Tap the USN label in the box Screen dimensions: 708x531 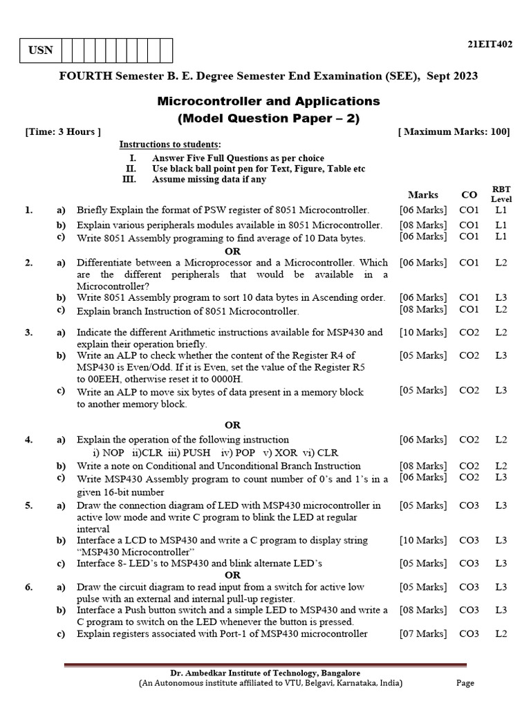coord(41,51)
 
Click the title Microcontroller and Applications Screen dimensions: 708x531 coord(269,101)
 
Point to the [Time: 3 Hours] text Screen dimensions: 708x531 coord(63,131)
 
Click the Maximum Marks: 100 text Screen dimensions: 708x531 coord(454,131)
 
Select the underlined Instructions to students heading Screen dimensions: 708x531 coord(170,145)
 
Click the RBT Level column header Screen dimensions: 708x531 coord(501,194)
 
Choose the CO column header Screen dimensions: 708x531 coord(469,195)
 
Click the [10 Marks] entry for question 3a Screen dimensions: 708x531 coord(423,333)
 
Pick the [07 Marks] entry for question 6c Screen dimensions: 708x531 coord(423,633)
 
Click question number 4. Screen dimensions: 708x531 coord(28,439)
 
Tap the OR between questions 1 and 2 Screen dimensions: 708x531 coord(233,250)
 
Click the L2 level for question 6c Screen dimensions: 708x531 coord(501,633)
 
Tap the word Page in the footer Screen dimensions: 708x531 coord(465,683)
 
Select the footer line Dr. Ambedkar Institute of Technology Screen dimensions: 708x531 coord(265,673)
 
